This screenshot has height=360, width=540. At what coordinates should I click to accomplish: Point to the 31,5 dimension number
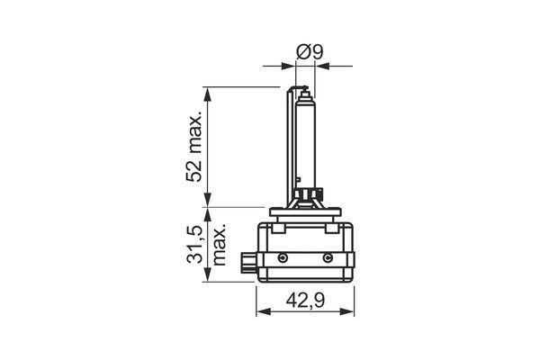[x=193, y=246]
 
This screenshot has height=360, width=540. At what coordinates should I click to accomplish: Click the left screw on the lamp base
[x=283, y=258]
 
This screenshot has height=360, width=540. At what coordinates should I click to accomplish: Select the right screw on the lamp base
[x=327, y=258]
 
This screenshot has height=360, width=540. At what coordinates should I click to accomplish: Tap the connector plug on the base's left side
[x=248, y=263]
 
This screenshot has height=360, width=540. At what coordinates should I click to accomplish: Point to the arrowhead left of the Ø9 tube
[x=290, y=65]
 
